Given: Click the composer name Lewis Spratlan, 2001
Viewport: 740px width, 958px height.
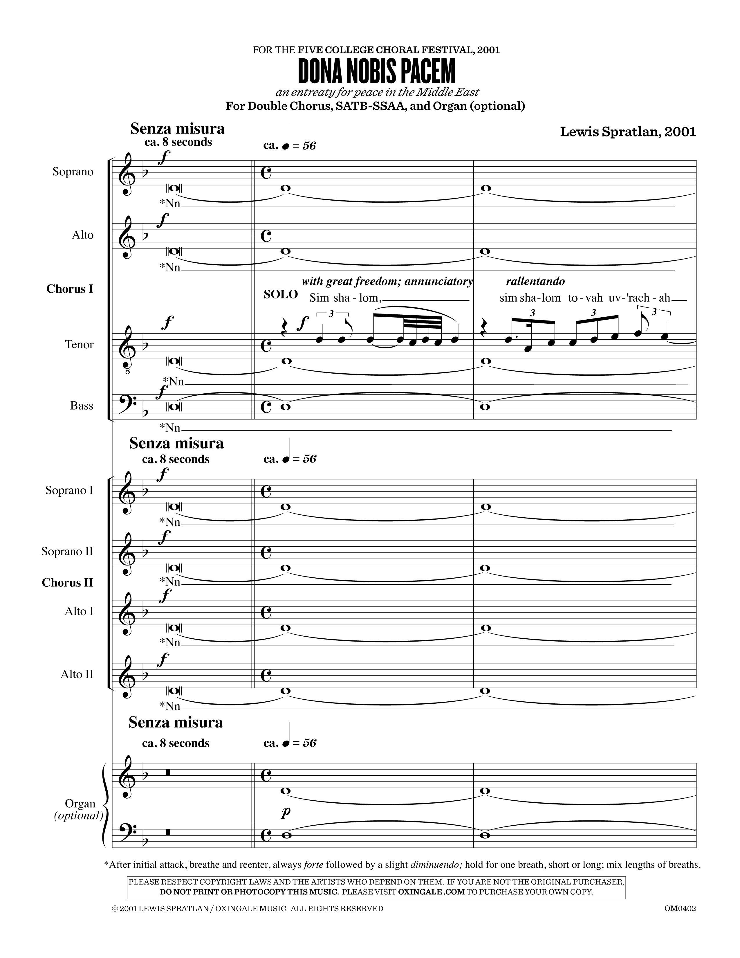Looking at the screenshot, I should pyautogui.click(x=628, y=132).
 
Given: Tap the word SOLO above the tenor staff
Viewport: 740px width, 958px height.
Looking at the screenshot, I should pyautogui.click(x=281, y=294).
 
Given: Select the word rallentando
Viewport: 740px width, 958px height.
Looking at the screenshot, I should pyautogui.click(x=535, y=281).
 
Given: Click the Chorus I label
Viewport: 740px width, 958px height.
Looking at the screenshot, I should pyautogui.click(x=70, y=289).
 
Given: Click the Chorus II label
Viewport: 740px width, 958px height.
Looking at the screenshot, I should pyautogui.click(x=68, y=583).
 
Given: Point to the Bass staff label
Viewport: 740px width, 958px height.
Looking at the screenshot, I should pyautogui.click(x=82, y=406).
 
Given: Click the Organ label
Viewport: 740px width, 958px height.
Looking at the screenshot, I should pyautogui.click(x=80, y=804).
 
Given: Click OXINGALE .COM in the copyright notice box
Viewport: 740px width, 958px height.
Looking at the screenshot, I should pyautogui.click(x=431, y=892).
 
